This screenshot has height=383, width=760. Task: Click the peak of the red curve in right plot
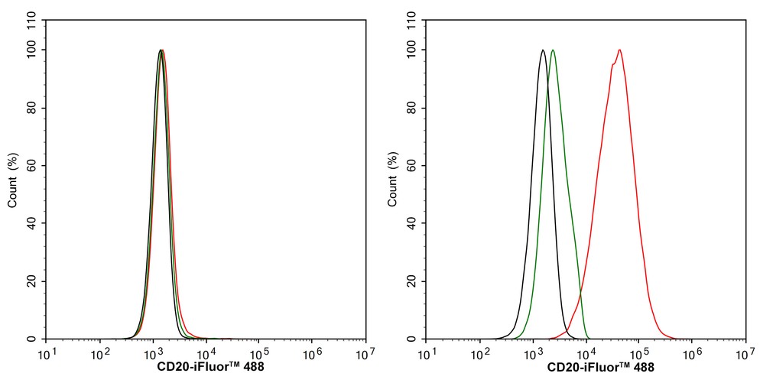619,50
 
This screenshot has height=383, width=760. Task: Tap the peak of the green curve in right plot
553,50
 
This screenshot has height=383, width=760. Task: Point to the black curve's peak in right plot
542,50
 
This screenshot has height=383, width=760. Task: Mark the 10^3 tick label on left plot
153,355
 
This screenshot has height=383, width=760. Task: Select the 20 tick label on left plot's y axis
34,281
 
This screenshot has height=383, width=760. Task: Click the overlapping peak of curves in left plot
161,50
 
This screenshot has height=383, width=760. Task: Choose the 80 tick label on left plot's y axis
34,108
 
